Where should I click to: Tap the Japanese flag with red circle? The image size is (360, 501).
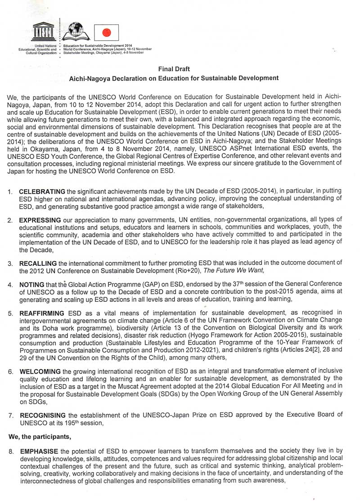pyautogui.click(x=107, y=32)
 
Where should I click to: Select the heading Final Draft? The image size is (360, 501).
pyautogui.click(x=174, y=69)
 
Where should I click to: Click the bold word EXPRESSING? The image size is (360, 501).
pyautogui.click(x=40, y=220)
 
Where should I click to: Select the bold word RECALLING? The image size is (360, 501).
pyautogui.click(x=38, y=263)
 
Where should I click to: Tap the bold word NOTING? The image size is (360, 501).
pyautogui.click(x=30, y=285)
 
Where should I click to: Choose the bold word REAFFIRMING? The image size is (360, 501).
pyautogui.click(x=41, y=313)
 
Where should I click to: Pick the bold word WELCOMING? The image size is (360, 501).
pyautogui.click(x=40, y=371)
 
